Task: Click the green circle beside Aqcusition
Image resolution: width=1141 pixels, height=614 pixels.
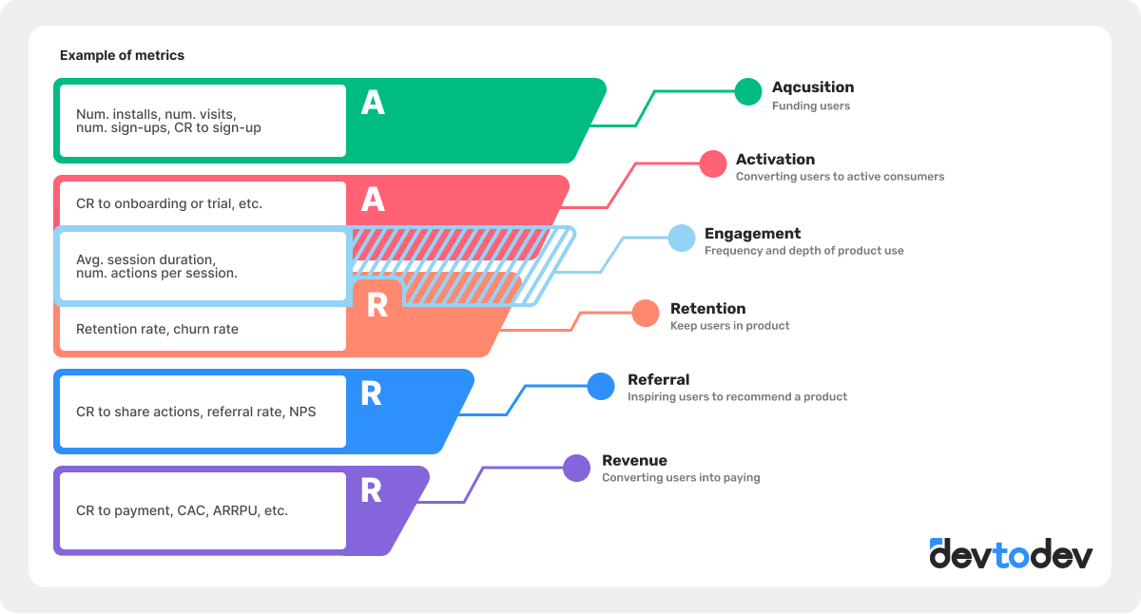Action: coord(748,91)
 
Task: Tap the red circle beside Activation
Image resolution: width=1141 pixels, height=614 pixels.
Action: coord(713,163)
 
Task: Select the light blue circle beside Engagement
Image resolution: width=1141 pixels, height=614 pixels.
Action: coord(682,239)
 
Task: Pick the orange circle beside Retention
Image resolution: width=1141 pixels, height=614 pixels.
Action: coord(646,314)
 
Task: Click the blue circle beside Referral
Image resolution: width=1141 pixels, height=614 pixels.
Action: coord(601,386)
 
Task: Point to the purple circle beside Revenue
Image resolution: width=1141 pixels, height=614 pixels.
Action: coord(576,468)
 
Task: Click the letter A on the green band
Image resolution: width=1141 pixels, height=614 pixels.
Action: coord(373,104)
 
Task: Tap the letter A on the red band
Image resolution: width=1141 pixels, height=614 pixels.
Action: coord(373,200)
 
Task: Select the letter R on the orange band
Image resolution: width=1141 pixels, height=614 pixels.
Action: coord(377,305)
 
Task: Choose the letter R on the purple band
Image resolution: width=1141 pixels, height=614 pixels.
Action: coord(371,491)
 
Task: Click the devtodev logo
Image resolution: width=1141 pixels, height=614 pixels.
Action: coord(1011,553)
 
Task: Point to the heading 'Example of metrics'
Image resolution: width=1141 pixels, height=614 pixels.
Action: coord(122,55)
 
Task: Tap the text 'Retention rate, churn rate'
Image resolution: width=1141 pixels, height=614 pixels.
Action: coord(157,329)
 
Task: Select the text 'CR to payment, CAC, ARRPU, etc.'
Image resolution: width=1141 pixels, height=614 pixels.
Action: coord(182,510)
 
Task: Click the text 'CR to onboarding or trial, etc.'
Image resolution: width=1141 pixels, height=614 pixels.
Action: coord(169,203)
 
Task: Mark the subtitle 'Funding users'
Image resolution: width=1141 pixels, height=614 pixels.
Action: coord(810,106)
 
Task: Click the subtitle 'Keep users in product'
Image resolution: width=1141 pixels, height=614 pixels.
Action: coord(729,326)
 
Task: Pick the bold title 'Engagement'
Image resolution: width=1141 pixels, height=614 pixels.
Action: coord(752,234)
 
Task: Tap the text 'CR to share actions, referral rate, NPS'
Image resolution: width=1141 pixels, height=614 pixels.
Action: coord(196,412)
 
